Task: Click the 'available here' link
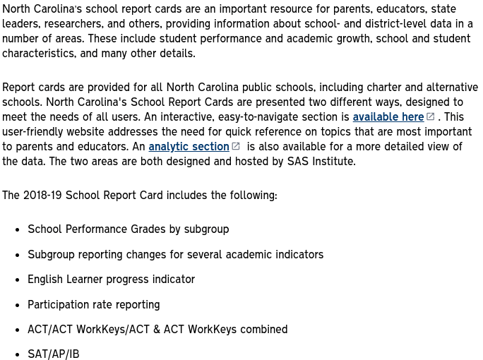tap(388, 117)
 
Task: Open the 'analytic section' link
tap(189, 147)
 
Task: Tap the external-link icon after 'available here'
tap(431, 116)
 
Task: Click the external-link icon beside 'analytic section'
tap(236, 146)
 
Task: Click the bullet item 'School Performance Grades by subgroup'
tap(128, 229)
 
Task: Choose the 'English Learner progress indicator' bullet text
tap(111, 280)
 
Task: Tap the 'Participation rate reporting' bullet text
tap(93, 305)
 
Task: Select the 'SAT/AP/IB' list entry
tap(53, 354)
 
